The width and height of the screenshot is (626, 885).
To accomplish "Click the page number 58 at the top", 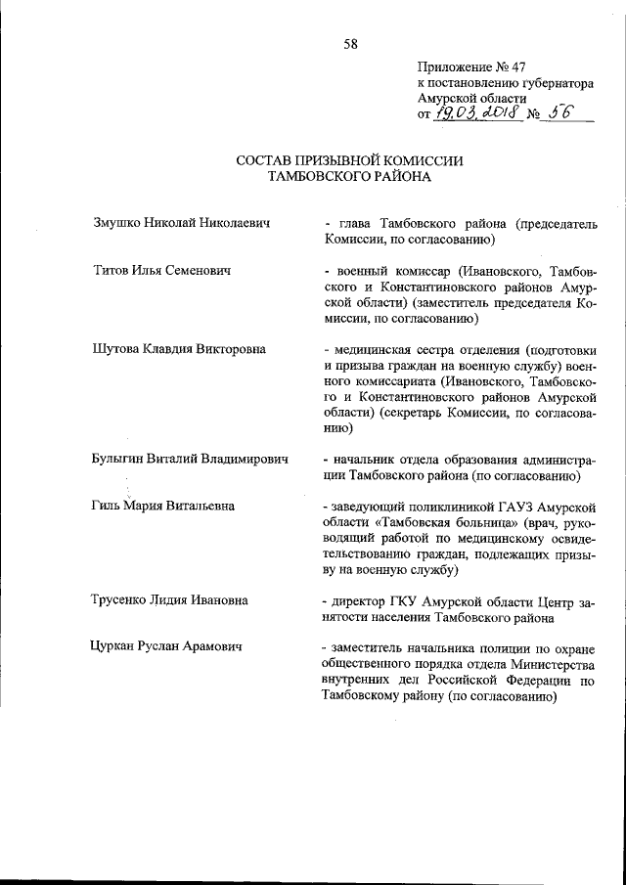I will [350, 43].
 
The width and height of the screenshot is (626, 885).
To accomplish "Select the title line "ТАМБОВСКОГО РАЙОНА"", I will [349, 177].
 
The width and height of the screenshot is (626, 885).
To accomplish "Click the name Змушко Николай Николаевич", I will [180, 223].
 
